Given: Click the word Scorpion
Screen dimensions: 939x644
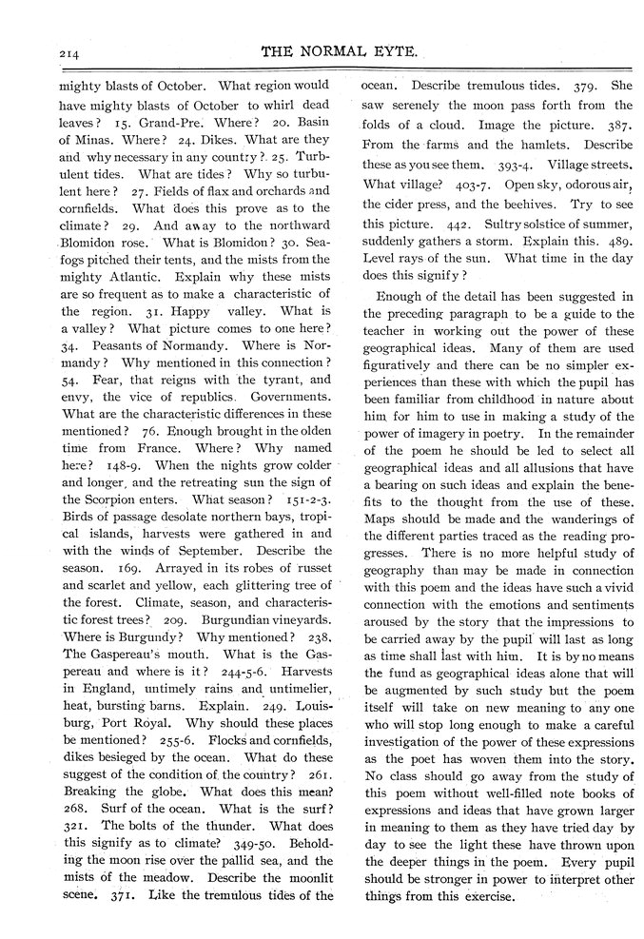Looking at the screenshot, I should coord(116,499).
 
